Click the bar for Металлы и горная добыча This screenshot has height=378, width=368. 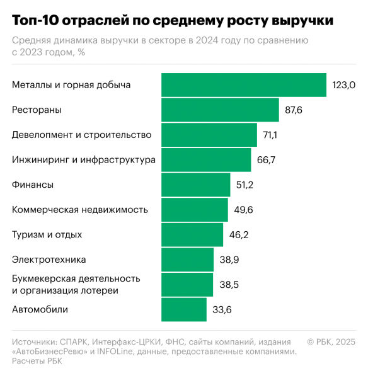(244, 85)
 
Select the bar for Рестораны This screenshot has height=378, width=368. (220, 110)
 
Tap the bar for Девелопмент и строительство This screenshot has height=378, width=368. (209, 135)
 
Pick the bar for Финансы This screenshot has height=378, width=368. (196, 185)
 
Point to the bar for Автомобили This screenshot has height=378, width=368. (184, 309)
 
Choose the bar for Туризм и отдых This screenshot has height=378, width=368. (192, 234)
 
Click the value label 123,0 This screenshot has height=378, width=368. (344, 85)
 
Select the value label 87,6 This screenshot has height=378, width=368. (294, 110)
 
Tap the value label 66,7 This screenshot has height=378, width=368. (266, 160)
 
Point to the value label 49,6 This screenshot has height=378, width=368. (243, 210)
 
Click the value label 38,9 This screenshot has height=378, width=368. (228, 260)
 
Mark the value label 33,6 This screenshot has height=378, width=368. (221, 309)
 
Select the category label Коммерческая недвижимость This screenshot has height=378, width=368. (80, 210)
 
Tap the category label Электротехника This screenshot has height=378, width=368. (49, 260)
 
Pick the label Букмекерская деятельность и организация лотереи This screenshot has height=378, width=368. (76, 284)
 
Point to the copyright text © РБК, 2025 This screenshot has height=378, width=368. (331, 341)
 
